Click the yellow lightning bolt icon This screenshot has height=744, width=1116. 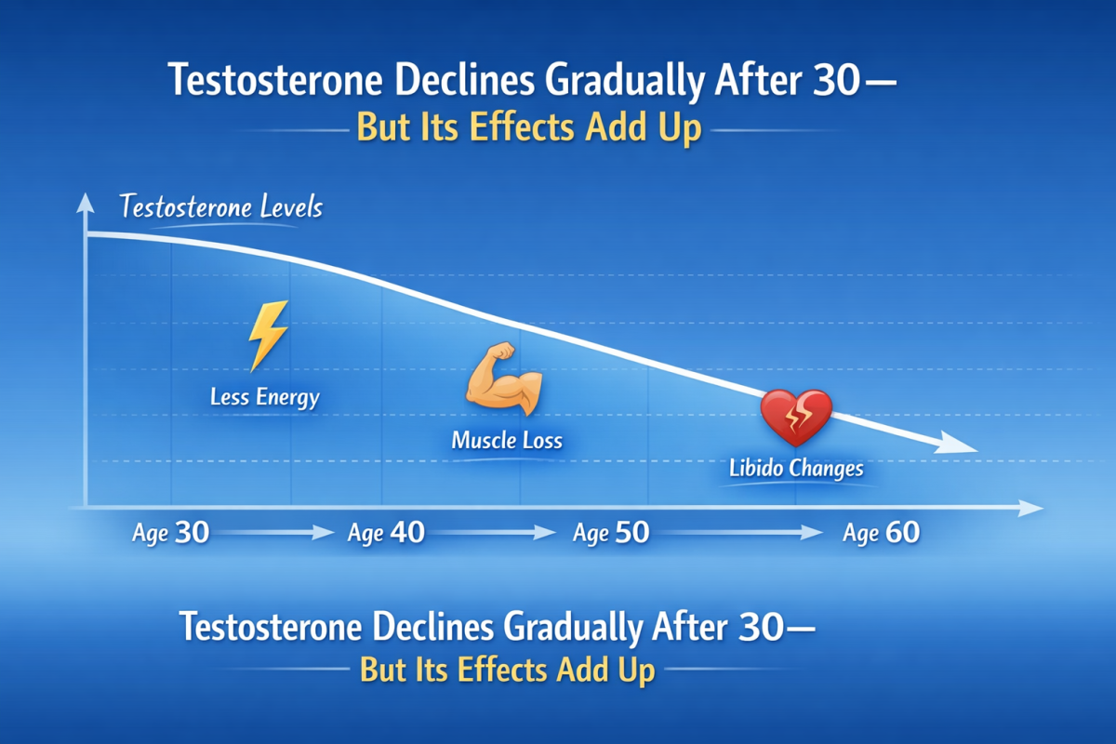[x=268, y=336]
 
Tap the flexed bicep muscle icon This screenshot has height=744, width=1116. [x=504, y=379]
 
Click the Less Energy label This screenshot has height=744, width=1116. [x=264, y=398]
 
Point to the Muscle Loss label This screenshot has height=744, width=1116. [x=507, y=441]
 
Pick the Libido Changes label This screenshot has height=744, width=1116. [x=796, y=469]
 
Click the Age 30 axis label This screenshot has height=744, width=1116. [x=170, y=533]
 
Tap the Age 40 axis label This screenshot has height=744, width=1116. [x=386, y=533]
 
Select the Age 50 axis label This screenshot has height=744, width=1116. [x=611, y=533]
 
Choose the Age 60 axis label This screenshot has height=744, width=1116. [x=882, y=533]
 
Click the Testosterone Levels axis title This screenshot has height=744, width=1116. [x=221, y=206]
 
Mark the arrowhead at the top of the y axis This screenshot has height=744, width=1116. [x=86, y=204]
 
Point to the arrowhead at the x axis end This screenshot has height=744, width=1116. [x=1030, y=509]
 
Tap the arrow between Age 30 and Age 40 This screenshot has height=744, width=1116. [x=274, y=533]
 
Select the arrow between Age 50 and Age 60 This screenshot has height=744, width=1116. [x=741, y=533]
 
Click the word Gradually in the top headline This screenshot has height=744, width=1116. [x=624, y=81]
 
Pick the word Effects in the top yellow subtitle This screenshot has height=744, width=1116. [x=522, y=126]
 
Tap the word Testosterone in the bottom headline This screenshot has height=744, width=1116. [x=271, y=627]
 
